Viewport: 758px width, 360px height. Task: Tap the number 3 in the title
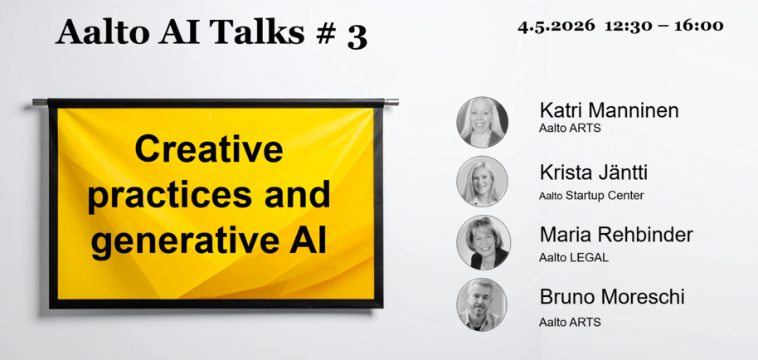pyautogui.click(x=357, y=36)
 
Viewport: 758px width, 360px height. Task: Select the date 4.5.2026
pyautogui.click(x=556, y=26)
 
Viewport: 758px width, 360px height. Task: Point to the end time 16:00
pyautogui.click(x=699, y=26)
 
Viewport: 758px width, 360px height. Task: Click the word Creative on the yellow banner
pyautogui.click(x=208, y=150)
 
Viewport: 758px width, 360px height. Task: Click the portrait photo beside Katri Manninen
pyautogui.click(x=482, y=123)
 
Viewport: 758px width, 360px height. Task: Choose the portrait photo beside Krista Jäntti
pyautogui.click(x=482, y=182)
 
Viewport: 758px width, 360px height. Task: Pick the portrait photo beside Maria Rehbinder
pyautogui.click(x=483, y=242)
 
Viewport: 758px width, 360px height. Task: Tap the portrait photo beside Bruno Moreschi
pyautogui.click(x=482, y=304)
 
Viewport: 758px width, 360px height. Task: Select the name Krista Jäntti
pyautogui.click(x=593, y=173)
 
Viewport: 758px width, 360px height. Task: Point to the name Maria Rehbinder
pyautogui.click(x=615, y=235)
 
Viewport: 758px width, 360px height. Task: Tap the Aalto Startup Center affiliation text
pyautogui.click(x=591, y=196)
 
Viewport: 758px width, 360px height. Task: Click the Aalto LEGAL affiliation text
pyautogui.click(x=574, y=258)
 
